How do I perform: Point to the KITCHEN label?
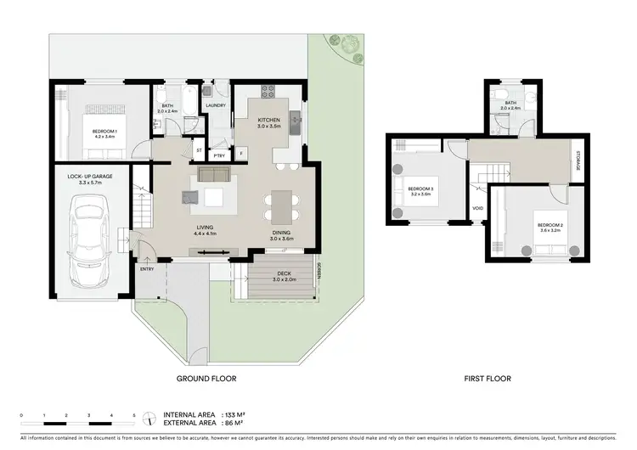click(269, 121)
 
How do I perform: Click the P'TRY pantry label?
click(220, 155)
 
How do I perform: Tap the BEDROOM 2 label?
click(550, 225)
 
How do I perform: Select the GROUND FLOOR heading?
click(206, 379)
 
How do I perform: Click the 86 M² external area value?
click(223, 422)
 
